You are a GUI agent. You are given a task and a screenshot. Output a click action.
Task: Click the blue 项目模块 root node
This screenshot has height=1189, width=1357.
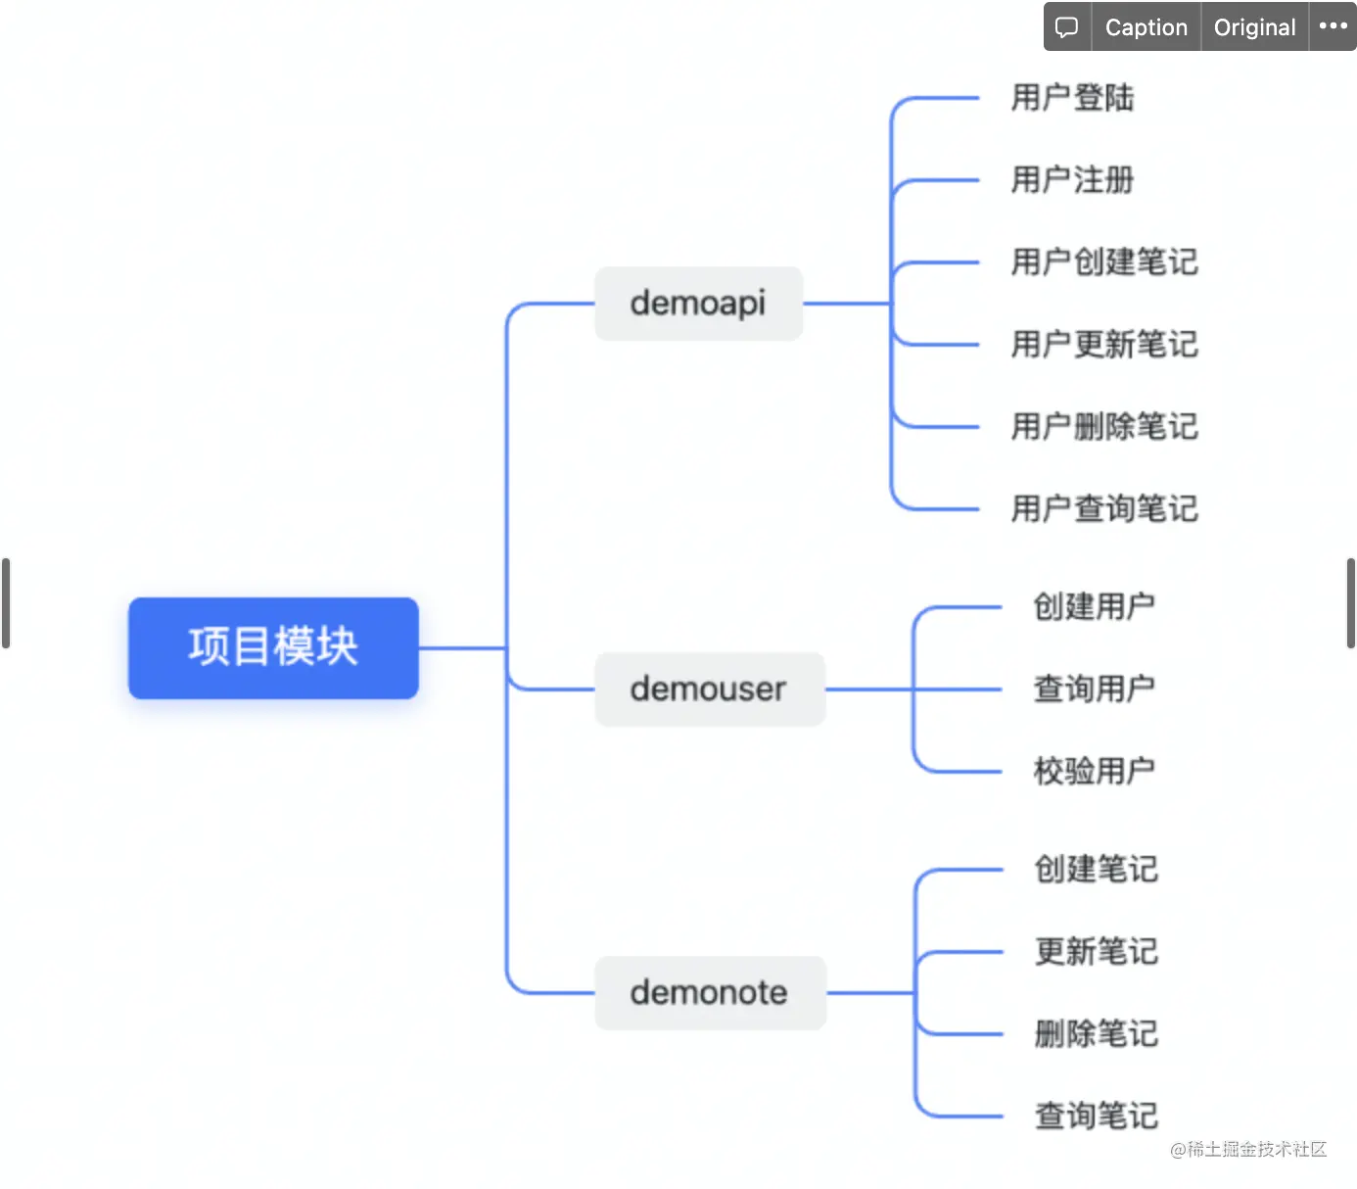click(x=273, y=647)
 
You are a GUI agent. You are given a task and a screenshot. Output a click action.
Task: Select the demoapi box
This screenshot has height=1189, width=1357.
click(x=698, y=304)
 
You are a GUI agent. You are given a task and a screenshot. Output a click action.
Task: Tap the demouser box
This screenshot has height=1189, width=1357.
click(x=709, y=690)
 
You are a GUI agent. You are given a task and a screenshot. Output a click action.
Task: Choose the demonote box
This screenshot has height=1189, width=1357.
click(x=710, y=993)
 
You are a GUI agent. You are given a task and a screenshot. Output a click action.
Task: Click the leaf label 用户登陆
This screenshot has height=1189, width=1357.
click(x=1072, y=98)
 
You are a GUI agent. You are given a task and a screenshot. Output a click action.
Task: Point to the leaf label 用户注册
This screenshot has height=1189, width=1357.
click(x=1072, y=180)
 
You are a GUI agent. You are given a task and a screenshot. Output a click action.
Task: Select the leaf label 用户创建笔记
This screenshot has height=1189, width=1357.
click(x=1103, y=262)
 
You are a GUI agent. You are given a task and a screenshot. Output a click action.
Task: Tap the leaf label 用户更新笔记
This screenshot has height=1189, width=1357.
click(x=1103, y=345)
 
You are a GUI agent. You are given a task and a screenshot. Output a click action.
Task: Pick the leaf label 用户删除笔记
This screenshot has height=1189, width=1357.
click(x=1103, y=427)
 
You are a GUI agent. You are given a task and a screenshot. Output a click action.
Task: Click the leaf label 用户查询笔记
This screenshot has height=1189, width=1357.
click(x=1103, y=509)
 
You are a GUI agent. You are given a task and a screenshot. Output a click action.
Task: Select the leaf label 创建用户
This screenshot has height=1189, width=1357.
click(x=1094, y=607)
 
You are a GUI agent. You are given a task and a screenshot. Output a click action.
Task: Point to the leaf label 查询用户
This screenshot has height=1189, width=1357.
click(x=1094, y=690)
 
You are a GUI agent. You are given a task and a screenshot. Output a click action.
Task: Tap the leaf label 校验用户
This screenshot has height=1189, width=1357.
click(x=1094, y=772)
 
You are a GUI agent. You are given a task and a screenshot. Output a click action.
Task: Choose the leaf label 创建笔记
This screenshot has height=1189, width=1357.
click(x=1096, y=870)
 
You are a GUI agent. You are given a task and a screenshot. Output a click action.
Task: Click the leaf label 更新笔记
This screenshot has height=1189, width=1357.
click(x=1096, y=952)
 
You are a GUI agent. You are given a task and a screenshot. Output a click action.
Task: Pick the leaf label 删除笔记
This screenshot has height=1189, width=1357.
click(x=1096, y=1034)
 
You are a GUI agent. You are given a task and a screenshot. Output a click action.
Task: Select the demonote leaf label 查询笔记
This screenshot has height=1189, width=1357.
click(x=1096, y=1117)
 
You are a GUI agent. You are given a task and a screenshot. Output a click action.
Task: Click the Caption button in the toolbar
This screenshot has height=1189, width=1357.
click(x=1146, y=27)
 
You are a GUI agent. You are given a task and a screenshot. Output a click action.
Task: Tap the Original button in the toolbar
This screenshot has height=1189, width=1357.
click(x=1254, y=27)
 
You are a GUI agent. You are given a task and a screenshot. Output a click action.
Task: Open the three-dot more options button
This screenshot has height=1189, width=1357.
click(x=1333, y=26)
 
